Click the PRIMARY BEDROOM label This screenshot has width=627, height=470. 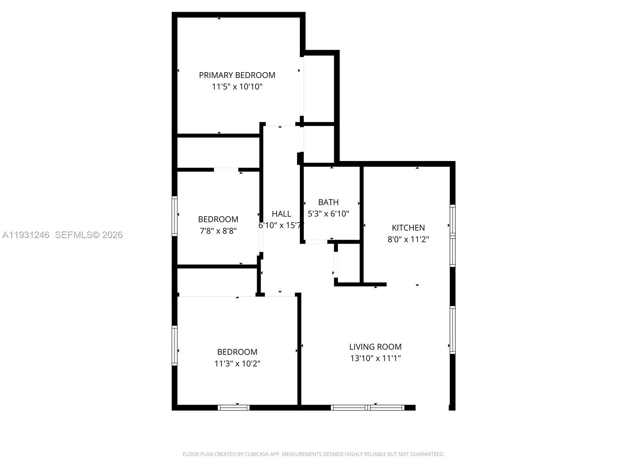(237, 75)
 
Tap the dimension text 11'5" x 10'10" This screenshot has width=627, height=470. (237, 87)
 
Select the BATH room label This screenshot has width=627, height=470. (328, 202)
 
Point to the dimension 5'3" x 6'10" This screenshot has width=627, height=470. (328, 214)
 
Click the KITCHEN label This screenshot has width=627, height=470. (408, 228)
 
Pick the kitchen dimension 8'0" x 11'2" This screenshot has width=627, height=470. (408, 239)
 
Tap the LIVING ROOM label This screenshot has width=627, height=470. (375, 347)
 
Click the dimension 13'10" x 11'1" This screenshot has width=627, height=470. (375, 358)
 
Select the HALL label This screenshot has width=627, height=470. (281, 214)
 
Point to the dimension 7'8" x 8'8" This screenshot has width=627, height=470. (218, 231)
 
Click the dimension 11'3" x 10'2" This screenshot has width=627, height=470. (237, 363)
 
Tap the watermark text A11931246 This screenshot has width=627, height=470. (26, 235)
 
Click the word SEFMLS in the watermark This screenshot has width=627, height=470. (73, 235)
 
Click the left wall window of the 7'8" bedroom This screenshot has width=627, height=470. (175, 216)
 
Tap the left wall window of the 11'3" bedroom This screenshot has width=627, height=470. (175, 345)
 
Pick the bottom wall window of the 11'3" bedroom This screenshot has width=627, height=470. (234, 408)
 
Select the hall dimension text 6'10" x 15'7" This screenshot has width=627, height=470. (281, 226)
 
